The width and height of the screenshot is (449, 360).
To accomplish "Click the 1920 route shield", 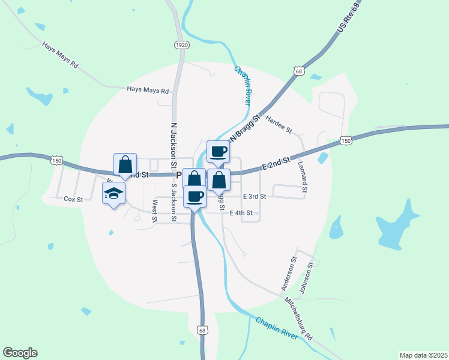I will point(182,45).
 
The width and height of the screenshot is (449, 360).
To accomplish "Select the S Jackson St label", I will point(174,195).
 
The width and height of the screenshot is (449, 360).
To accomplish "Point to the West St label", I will point(154,211).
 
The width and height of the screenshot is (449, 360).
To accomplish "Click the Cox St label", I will point(73,199).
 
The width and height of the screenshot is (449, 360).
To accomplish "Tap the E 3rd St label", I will point(255,196).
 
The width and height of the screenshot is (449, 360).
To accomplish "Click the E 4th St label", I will point(241,213).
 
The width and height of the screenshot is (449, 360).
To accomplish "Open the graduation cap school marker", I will point(113,193).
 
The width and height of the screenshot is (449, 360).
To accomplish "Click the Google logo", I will point(20,353).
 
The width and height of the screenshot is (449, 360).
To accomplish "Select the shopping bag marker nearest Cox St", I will point(125,164).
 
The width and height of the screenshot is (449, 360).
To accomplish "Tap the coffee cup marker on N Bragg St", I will point(218,151).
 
